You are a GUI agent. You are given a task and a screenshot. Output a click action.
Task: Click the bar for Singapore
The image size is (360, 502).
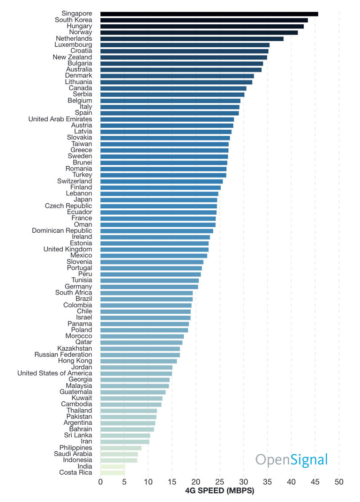209,14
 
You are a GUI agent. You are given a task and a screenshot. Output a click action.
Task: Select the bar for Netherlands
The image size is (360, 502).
192,39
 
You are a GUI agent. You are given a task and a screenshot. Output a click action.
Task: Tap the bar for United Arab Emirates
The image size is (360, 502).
167,119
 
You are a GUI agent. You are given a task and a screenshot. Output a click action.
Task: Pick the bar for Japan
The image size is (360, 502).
158,200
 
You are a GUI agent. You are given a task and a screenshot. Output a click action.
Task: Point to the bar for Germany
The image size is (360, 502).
149,287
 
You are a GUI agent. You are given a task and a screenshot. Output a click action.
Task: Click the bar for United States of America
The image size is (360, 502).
136,373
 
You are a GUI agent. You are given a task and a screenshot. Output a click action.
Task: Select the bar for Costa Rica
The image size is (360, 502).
112,472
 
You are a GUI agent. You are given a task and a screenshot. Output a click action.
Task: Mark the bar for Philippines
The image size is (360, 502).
120,448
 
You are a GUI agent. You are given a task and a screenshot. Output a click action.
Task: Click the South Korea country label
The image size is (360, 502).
73,20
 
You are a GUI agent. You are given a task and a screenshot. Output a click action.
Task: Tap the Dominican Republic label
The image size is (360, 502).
62,231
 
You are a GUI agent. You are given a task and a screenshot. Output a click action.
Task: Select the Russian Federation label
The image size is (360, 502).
63,355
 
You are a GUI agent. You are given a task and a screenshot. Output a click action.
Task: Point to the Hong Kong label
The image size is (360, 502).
75,361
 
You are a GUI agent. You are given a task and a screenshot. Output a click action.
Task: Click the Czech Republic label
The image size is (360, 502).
68,206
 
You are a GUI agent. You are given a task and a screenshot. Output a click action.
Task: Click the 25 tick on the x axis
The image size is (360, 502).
219,482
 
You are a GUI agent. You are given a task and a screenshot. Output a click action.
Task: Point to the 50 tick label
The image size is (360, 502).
339,482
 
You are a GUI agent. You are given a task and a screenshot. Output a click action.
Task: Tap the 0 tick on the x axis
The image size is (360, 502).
100,482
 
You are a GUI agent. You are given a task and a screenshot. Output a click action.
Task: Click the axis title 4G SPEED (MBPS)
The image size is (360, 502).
220,491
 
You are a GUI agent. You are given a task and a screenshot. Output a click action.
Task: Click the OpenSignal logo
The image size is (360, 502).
291,460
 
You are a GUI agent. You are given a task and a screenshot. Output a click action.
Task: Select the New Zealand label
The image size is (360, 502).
72,57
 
